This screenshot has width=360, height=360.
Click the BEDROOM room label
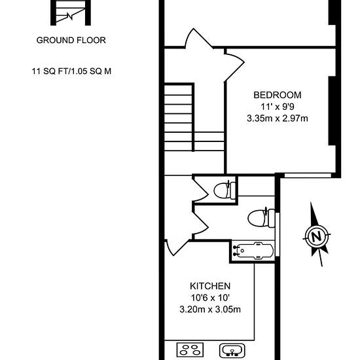(278, 95)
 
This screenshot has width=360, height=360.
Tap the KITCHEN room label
(210, 286)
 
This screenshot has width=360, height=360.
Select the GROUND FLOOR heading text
(71, 40)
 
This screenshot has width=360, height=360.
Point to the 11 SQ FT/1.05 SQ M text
(71, 71)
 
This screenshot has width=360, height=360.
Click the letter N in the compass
(317, 236)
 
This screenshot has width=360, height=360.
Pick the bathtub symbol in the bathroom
(253, 251)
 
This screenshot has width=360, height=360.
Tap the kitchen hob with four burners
(190, 350)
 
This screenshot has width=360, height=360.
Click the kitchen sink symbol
(232, 351)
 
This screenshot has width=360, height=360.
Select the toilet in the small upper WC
(225, 190)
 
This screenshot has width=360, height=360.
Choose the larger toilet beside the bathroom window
(261, 218)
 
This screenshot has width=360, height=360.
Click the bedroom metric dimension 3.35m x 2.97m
(278, 118)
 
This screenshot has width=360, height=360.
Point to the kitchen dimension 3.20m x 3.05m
(210, 310)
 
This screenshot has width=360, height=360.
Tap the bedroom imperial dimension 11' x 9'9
(278, 107)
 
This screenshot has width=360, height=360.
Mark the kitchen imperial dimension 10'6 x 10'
(210, 298)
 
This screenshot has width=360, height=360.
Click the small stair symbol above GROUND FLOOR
(71, 12)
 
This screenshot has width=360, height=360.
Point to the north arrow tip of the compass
(311, 202)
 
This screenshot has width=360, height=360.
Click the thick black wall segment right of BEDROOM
(333, 111)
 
